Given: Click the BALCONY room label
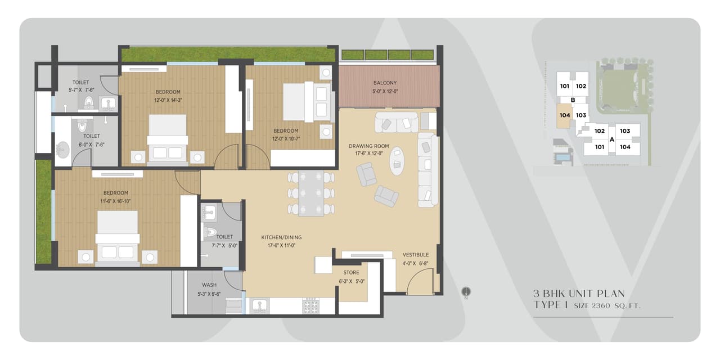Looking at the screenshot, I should (x=385, y=83).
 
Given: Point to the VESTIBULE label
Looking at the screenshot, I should (x=415, y=255).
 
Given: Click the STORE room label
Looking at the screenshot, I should (x=351, y=273).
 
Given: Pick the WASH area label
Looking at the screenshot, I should (x=209, y=285).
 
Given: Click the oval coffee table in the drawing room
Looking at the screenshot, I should (x=397, y=161).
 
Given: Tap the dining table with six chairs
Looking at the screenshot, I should (x=310, y=193).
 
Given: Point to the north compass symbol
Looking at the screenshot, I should (x=466, y=292).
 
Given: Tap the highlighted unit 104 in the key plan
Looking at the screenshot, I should (x=565, y=115).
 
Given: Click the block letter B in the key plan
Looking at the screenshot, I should (x=573, y=101).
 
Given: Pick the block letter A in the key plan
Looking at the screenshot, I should (x=612, y=139).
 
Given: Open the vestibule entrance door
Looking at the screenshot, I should (x=420, y=281).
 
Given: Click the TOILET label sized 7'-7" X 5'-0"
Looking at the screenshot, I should (x=224, y=237).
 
